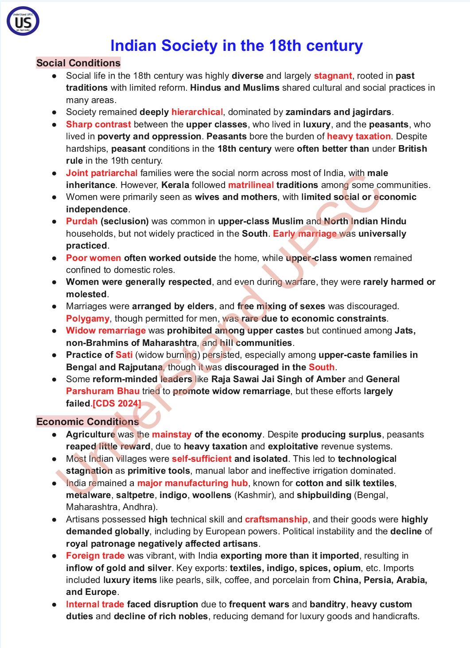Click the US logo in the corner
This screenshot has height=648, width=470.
23,21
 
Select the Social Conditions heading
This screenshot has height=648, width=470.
78,63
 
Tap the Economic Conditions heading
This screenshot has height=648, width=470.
88,422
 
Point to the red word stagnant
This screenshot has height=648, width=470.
333,76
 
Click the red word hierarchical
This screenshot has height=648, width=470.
197,112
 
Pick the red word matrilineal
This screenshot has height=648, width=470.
251,185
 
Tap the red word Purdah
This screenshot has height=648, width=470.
82,221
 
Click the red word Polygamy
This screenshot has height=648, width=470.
88,318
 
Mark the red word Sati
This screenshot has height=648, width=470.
124,355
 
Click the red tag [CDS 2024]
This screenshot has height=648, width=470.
117,403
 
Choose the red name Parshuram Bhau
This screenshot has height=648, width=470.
103,391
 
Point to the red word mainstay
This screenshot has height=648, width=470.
172,434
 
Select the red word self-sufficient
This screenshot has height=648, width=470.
202,459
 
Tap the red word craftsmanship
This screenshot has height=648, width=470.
276,519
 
